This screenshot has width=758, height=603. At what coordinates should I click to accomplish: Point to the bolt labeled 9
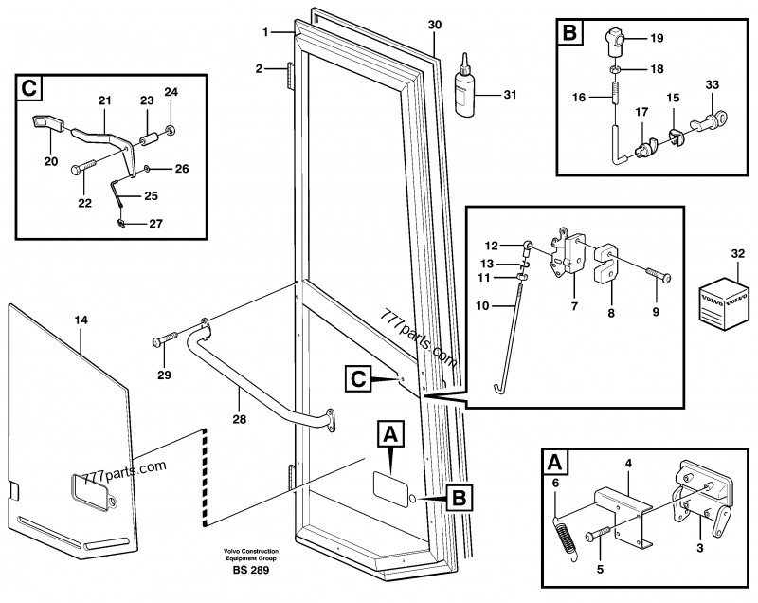[658, 278]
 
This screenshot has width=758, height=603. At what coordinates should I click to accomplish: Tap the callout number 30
[434, 23]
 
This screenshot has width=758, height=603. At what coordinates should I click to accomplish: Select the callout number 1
[265, 33]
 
